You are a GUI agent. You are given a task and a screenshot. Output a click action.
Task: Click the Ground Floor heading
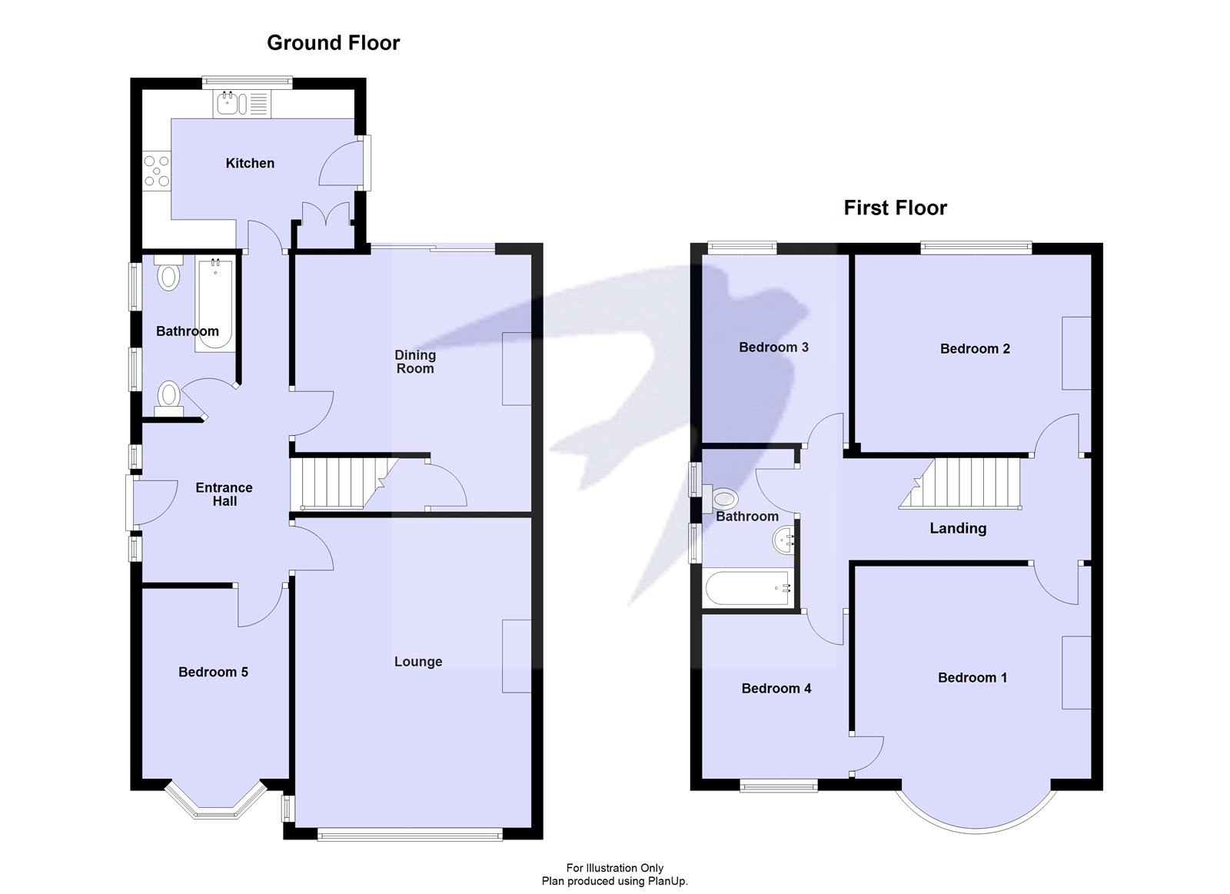(x=333, y=43)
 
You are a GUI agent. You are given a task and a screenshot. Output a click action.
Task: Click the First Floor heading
(x=895, y=208)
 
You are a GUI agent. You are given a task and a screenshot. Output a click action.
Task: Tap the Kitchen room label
(x=250, y=163)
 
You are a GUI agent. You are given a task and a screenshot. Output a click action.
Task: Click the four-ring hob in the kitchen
(x=156, y=171)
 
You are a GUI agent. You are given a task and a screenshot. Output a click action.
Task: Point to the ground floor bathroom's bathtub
(x=214, y=304)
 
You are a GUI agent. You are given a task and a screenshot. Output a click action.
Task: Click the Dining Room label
(x=415, y=361)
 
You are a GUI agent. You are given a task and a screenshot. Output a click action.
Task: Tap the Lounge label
(x=418, y=662)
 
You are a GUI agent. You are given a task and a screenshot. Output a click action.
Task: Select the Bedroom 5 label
(x=213, y=672)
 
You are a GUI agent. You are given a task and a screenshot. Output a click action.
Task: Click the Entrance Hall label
(x=224, y=494)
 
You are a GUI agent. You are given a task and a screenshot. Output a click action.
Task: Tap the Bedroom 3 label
(x=773, y=347)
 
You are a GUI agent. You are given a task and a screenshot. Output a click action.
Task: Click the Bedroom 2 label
(x=975, y=349)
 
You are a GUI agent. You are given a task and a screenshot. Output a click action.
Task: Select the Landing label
(x=958, y=528)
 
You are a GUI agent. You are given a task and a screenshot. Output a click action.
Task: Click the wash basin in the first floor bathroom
(x=784, y=540)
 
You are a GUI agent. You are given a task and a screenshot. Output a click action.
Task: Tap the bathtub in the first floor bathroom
(x=749, y=589)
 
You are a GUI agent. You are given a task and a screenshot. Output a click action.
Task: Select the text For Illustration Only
(x=615, y=868)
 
